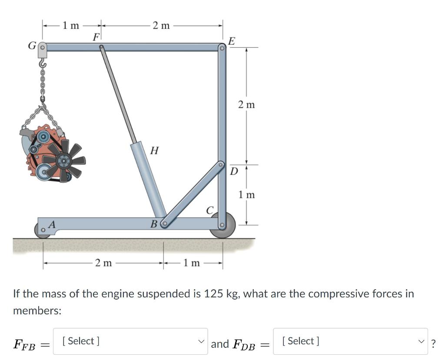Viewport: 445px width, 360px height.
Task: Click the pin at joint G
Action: pyautogui.click(x=42, y=47)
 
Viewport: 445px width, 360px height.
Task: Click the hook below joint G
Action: pyautogui.click(x=43, y=63)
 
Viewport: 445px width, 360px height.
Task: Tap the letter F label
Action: pyautogui.click(x=96, y=37)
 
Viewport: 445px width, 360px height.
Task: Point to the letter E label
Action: pyautogui.click(x=232, y=41)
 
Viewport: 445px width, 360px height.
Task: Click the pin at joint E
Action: pyautogui.click(x=222, y=48)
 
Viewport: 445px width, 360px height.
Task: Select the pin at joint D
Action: pyautogui.click(x=221, y=164)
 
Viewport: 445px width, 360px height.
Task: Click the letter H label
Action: pyautogui.click(x=154, y=150)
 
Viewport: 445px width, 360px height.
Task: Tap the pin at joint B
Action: pyautogui.click(x=164, y=224)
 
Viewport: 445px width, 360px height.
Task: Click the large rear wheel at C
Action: pyautogui.click(x=223, y=225)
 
